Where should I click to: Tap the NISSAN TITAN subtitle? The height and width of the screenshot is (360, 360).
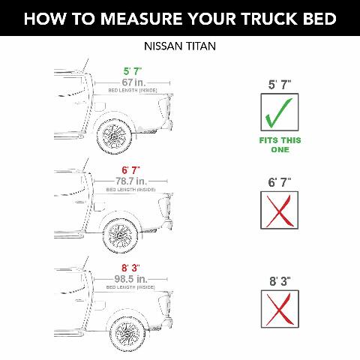point(180,46)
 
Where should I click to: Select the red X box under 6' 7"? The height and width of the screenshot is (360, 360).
point(279,210)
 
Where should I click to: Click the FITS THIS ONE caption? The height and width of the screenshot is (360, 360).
point(279,145)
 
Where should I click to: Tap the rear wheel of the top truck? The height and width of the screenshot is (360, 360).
point(117,139)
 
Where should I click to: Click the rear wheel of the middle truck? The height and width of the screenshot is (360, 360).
point(120,237)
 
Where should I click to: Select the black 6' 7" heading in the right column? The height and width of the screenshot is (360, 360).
point(279,182)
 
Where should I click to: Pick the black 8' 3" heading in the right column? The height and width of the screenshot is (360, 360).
point(279,281)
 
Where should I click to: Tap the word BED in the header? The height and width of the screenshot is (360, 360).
point(316,19)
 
